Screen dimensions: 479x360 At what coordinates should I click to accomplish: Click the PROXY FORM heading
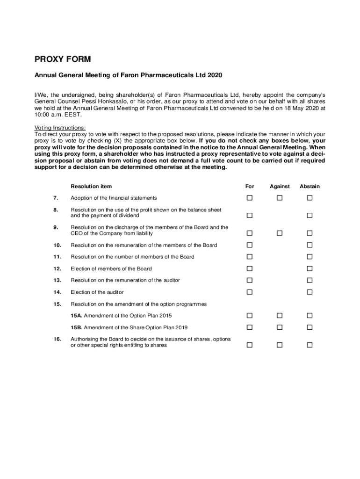pyautogui.click(x=63, y=59)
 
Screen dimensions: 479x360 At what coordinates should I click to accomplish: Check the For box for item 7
pyautogui.click(x=250, y=198)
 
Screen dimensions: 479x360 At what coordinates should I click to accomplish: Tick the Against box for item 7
pyautogui.click(x=280, y=198)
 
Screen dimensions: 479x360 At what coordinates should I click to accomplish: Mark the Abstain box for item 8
pyautogui.click(x=310, y=216)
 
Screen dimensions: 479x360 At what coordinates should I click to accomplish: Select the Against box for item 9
pyautogui.click(x=280, y=233)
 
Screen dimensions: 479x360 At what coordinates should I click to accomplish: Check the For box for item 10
pyautogui.click(x=250, y=245)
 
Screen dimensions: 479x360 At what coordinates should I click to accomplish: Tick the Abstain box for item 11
pyautogui.click(x=310, y=257)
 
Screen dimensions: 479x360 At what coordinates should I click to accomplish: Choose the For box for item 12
pyautogui.click(x=250, y=269)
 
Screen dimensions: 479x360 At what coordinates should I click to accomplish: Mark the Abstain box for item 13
pyautogui.click(x=310, y=280)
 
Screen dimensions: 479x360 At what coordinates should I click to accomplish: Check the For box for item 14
pyautogui.click(x=250, y=292)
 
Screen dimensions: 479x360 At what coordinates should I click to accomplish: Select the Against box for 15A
pyautogui.click(x=280, y=316)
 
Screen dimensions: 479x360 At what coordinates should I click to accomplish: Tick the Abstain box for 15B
pyautogui.click(x=310, y=327)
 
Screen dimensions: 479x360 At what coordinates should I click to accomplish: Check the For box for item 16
pyautogui.click(x=250, y=345)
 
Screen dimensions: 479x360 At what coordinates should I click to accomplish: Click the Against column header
pyautogui.click(x=280, y=186)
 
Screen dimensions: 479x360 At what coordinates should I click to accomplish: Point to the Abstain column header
pyautogui.click(x=310, y=186)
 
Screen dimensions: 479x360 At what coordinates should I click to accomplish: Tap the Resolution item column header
pyautogui.click(x=91, y=186)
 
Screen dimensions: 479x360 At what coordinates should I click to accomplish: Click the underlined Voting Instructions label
pyautogui.click(x=60, y=128)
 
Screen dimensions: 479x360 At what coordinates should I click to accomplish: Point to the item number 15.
pyautogui.click(x=58, y=304)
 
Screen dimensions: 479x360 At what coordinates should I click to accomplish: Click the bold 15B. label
pyautogui.click(x=77, y=327)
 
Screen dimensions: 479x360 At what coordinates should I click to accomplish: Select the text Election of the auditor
pyautogui.click(x=97, y=292)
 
